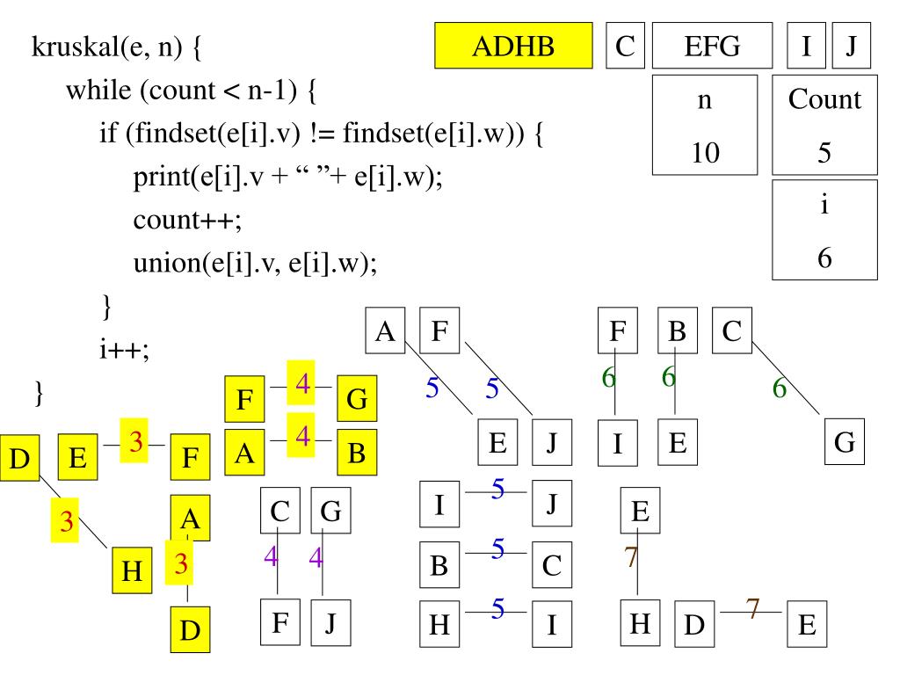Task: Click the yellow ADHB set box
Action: point(514,46)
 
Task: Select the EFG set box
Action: point(712,46)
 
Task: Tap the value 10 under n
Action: point(704,154)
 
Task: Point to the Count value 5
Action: point(824,154)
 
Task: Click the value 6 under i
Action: point(824,257)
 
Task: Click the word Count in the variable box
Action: point(824,99)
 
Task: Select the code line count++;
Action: point(187,220)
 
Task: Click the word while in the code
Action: point(94,91)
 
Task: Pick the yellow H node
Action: point(132,570)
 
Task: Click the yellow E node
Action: point(78,457)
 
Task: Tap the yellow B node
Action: point(357,453)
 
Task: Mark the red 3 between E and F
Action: point(136,442)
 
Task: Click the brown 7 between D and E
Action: point(751,607)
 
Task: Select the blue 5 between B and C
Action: point(497,549)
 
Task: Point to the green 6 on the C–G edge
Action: point(779,387)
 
